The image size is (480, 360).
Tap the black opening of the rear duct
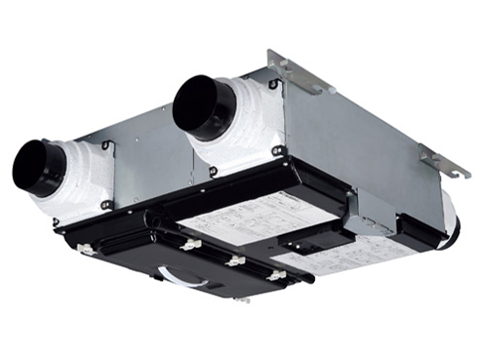200,105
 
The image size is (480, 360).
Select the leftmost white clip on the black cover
85,250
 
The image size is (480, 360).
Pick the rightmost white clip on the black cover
277,275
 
